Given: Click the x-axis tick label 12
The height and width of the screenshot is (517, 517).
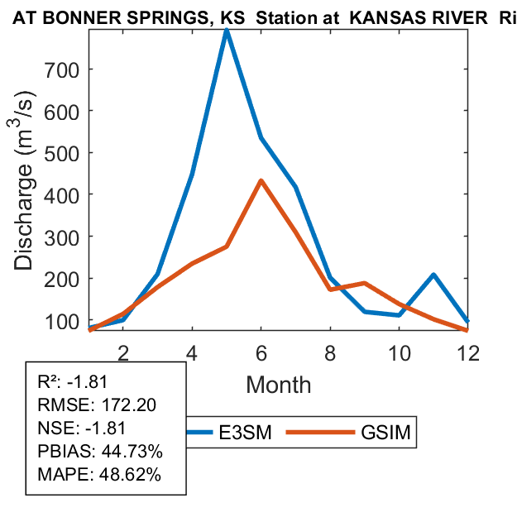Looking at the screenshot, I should point(468,351).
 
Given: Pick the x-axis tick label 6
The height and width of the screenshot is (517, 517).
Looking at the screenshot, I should point(261,351).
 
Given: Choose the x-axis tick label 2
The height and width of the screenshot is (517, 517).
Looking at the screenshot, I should point(123,351).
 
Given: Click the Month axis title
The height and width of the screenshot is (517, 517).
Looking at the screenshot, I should point(278,384).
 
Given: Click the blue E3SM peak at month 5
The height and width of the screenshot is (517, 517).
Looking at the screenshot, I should point(226,31).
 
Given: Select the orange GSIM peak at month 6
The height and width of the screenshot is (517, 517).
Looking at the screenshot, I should point(261,181).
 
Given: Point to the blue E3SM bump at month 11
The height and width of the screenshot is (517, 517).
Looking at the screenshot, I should point(433,275).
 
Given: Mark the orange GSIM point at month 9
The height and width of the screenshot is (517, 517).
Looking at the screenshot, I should point(364,284).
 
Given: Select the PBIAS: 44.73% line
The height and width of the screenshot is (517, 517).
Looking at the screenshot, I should point(100,452).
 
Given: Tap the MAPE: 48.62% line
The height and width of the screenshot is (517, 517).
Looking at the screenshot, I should point(99,475).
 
